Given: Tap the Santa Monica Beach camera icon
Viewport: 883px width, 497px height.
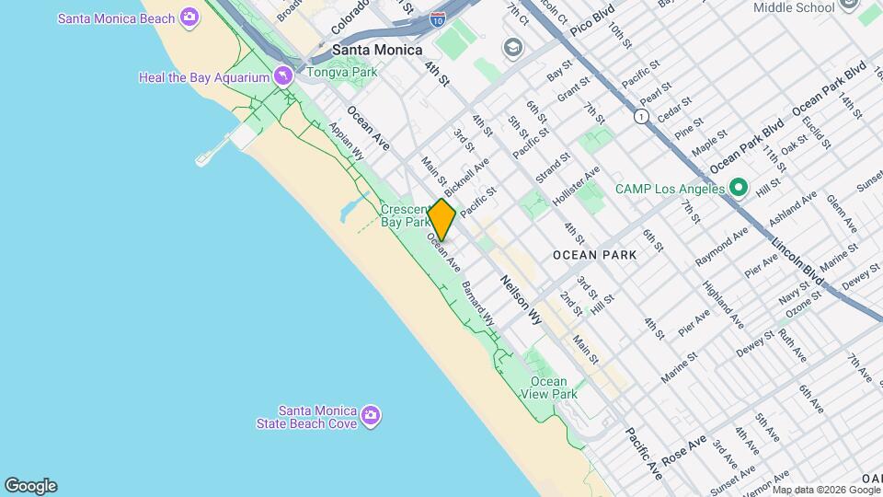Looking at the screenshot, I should (x=189, y=17).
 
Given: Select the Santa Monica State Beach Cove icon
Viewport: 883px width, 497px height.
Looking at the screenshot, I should (x=371, y=416).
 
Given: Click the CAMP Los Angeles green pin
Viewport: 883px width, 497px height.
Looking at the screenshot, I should (x=738, y=189).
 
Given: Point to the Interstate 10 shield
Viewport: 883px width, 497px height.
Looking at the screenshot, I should (x=439, y=17).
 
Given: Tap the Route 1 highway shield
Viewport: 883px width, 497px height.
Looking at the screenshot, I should (x=639, y=117).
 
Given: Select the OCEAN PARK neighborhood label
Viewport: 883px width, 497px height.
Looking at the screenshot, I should (x=594, y=254).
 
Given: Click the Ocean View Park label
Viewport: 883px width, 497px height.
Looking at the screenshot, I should (x=554, y=387).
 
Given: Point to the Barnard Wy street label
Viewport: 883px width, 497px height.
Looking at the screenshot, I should (x=477, y=303).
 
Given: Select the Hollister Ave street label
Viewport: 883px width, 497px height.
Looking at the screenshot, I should (x=576, y=183).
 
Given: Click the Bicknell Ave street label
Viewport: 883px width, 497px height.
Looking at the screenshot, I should (x=466, y=179).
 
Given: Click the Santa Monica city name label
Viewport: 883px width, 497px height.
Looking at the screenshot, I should (x=377, y=50).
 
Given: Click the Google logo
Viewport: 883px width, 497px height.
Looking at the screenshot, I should (x=30, y=486).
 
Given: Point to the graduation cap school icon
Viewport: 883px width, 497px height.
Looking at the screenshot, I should (x=511, y=47).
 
